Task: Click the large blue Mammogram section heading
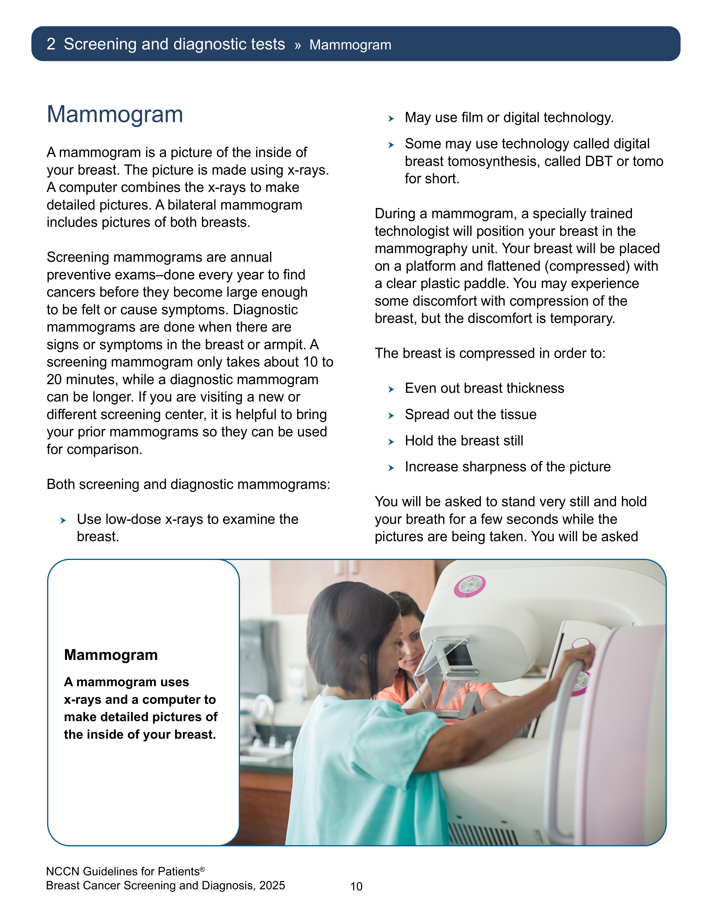(115, 114)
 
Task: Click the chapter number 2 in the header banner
(51, 44)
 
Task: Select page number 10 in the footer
(357, 887)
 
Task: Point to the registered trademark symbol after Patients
(202, 869)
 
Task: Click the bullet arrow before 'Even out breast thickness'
(391, 389)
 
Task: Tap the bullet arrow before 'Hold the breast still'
(391, 441)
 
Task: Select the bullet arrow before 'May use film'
(391, 119)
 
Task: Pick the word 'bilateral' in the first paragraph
(192, 205)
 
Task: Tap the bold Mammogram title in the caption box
(111, 655)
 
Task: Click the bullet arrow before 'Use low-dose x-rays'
(63, 521)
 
